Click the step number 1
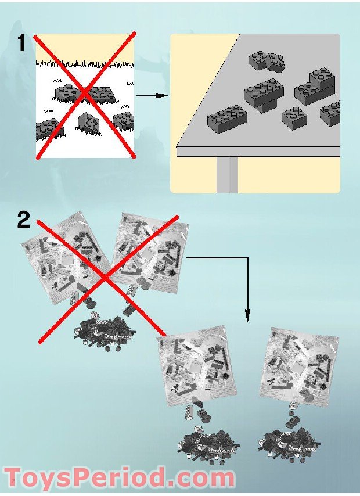click(21, 43)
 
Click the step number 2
click(24, 220)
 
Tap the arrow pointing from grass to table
click(152, 95)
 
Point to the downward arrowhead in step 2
click(248, 315)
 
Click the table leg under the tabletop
click(227, 174)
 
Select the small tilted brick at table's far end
click(275, 63)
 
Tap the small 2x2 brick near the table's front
click(295, 118)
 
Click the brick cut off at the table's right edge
click(330, 113)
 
